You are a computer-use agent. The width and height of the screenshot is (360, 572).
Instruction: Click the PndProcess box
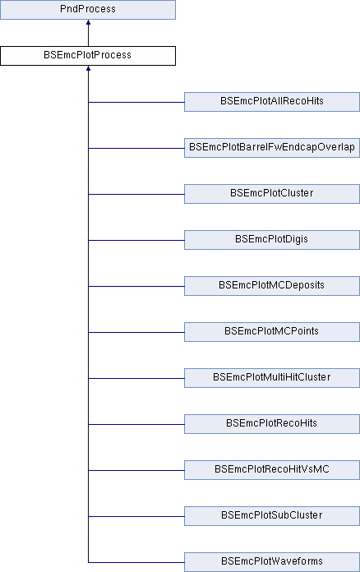pyautogui.click(x=88, y=10)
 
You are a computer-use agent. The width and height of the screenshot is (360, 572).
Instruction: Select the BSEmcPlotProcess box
pyautogui.click(x=88, y=56)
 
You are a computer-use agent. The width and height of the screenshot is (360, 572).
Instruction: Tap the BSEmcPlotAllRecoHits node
pyautogui.click(x=272, y=102)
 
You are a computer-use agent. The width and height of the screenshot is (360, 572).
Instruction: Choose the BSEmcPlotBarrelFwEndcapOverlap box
pyautogui.click(x=272, y=148)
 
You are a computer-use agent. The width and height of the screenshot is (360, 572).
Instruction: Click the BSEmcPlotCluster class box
pyautogui.click(x=272, y=194)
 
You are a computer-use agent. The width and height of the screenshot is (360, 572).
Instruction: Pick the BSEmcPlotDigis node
pyautogui.click(x=272, y=240)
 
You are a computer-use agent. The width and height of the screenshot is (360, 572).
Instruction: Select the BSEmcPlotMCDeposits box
pyautogui.click(x=272, y=286)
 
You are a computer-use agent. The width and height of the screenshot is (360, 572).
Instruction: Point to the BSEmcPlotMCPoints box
pyautogui.click(x=272, y=331)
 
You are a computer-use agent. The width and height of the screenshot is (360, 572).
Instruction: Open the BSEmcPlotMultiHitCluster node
pyautogui.click(x=272, y=377)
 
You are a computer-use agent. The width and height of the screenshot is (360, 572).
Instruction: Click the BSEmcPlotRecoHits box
pyautogui.click(x=272, y=423)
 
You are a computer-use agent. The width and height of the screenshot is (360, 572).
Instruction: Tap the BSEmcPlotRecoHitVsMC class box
pyautogui.click(x=272, y=469)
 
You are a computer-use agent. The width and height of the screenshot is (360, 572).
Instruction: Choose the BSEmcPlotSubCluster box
pyautogui.click(x=272, y=515)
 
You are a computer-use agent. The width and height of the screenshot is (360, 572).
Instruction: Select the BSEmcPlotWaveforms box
pyautogui.click(x=272, y=562)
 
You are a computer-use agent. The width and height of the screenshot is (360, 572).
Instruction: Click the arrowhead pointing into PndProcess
pyautogui.click(x=88, y=22)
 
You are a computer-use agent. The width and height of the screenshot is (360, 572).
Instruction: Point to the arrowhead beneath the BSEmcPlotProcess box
pyautogui.click(x=88, y=68)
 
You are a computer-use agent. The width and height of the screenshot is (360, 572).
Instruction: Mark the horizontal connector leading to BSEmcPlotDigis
pyautogui.click(x=136, y=240)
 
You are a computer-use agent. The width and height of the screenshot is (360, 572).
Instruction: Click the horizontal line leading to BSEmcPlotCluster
pyautogui.click(x=136, y=194)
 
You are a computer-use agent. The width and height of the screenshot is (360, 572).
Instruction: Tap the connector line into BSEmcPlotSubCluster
pyautogui.click(x=136, y=516)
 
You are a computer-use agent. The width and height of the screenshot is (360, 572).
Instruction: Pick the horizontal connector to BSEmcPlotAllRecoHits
pyautogui.click(x=136, y=102)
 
